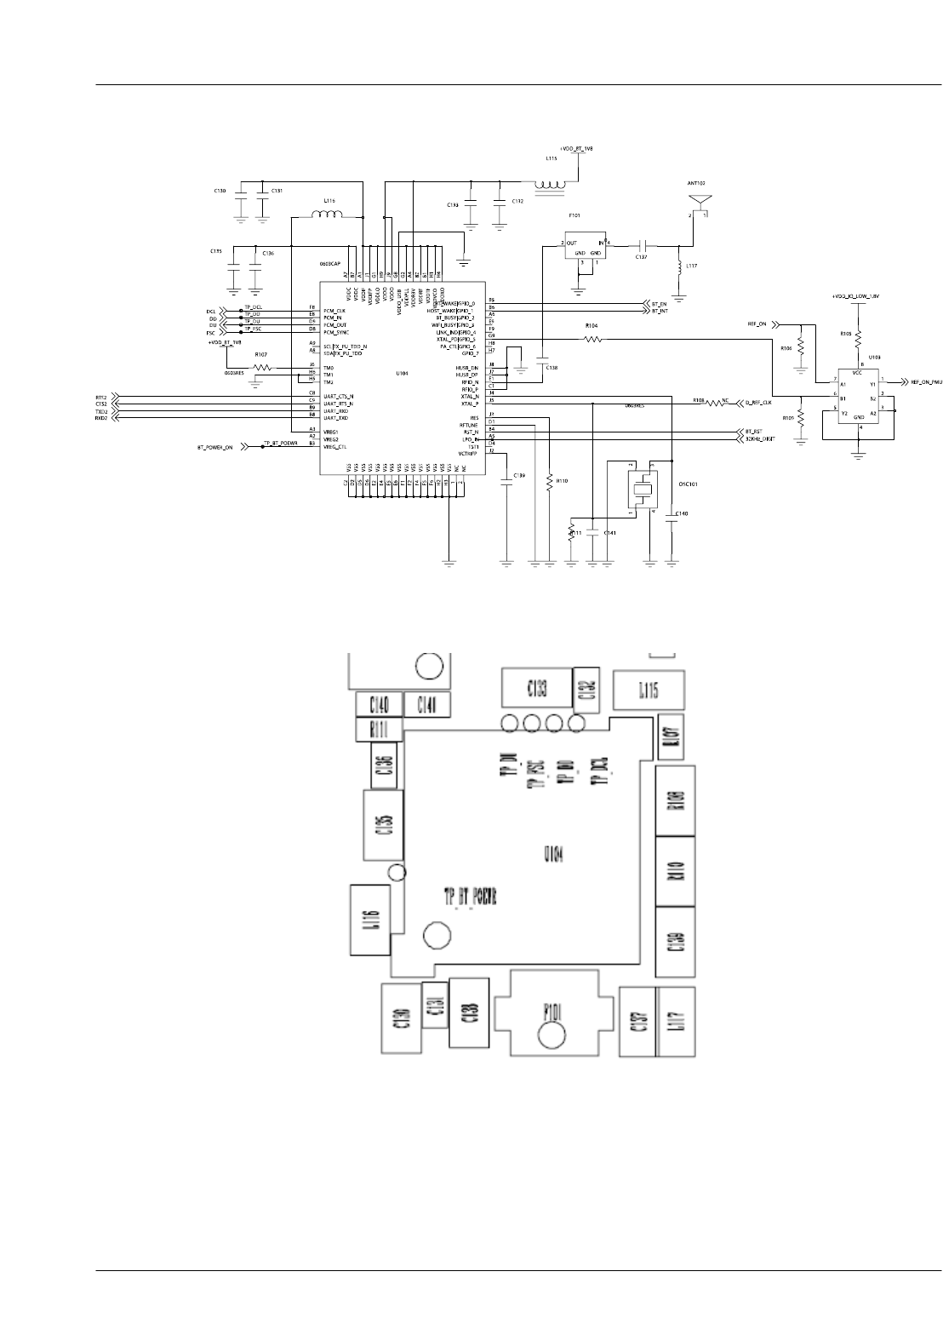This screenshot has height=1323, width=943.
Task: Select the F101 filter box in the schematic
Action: pos(586,249)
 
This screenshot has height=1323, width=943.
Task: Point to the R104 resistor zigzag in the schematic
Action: pos(592,340)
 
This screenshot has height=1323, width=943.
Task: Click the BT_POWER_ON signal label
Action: pos(215,446)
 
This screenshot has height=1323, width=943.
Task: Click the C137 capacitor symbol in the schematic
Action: pos(643,243)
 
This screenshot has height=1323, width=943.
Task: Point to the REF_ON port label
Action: pos(757,324)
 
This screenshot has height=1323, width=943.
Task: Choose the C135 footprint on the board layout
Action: pos(383,824)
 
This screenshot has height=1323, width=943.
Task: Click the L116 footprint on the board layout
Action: pos(370,920)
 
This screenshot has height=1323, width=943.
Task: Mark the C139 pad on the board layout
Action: pos(675,942)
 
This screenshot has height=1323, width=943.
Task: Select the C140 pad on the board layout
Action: pos(379,704)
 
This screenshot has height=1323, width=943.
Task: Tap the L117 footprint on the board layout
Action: pos(676,1022)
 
